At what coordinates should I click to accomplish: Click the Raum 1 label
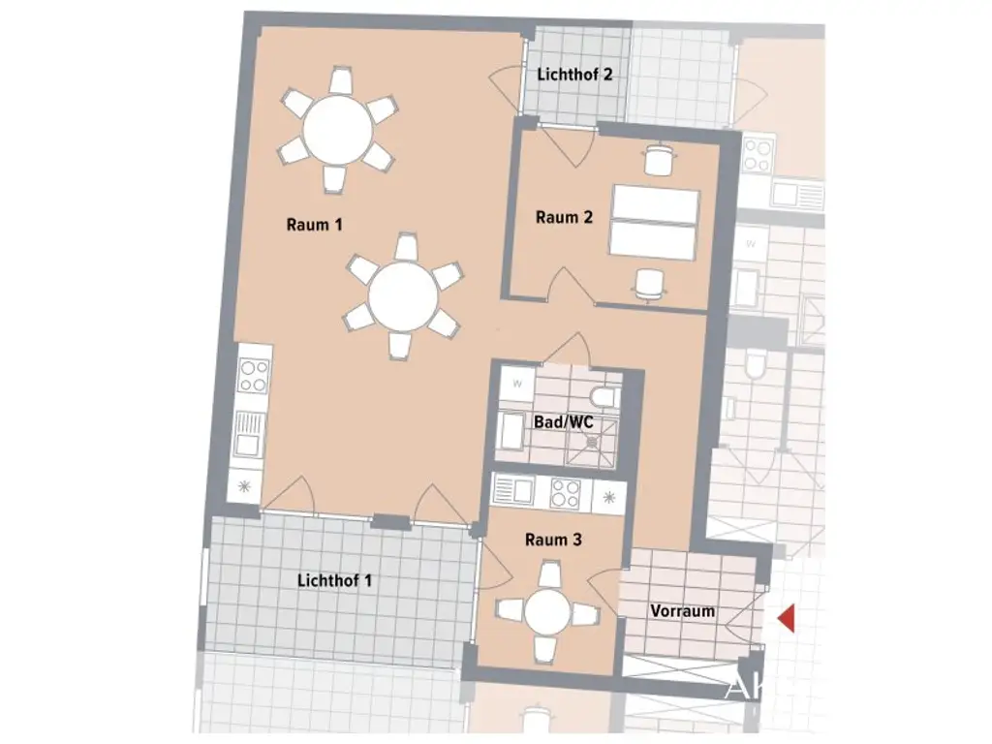click(315, 225)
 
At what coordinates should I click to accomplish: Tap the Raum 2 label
click(564, 218)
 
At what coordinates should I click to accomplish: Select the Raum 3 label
click(553, 541)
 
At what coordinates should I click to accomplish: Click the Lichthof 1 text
click(335, 581)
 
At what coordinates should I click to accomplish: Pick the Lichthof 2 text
click(575, 74)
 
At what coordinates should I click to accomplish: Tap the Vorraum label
click(683, 611)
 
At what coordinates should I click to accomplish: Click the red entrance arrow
click(786, 618)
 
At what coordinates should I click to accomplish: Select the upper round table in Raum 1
click(337, 130)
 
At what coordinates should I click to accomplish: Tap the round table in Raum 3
click(548, 613)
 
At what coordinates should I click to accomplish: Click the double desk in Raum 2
click(654, 222)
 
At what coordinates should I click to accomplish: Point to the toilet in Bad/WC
click(604, 398)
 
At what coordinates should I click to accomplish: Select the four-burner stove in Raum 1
click(254, 375)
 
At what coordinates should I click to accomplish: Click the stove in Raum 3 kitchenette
click(565, 494)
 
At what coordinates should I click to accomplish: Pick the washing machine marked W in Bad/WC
click(516, 383)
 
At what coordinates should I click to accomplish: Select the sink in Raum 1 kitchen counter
click(250, 432)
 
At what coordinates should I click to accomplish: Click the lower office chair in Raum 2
click(649, 284)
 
